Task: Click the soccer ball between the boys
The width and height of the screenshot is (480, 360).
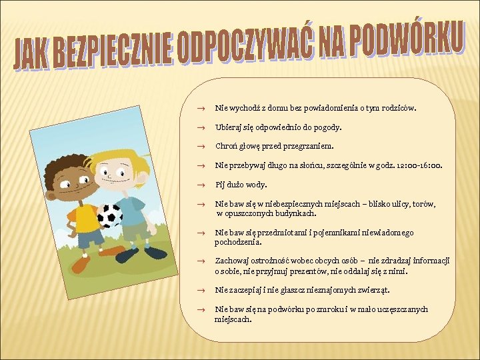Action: [109, 215]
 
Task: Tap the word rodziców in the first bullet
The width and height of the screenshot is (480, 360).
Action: [397, 107]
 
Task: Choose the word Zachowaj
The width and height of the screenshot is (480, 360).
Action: [231, 261]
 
